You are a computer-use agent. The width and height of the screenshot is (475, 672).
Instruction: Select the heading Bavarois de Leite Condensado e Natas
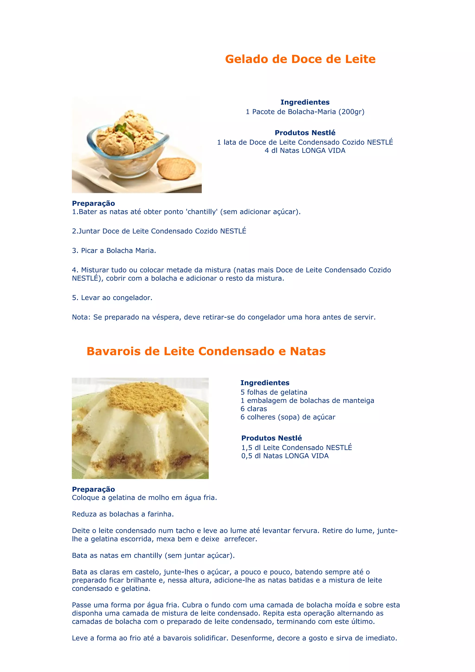206,351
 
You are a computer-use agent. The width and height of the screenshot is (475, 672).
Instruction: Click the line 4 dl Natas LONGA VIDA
305,151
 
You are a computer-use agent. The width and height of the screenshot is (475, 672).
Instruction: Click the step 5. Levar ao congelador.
112,298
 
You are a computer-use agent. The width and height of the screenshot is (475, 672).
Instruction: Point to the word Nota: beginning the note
81,317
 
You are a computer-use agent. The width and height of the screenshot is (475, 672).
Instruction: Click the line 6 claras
254,409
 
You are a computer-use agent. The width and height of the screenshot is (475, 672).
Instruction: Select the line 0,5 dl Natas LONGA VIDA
285,456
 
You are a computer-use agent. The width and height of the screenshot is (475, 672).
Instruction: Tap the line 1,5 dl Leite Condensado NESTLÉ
296,448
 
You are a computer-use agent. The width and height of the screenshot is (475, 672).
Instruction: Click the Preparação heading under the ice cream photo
93,203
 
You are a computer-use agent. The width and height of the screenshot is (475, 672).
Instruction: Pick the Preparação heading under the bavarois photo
93,489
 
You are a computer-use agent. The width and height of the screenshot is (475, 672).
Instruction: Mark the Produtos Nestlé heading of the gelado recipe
305,133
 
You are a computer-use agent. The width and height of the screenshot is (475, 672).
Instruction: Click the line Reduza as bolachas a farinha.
123,514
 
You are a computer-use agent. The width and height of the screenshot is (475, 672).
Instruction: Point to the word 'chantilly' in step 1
202,212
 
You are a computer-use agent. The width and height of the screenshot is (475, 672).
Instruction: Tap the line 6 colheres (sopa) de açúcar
288,417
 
